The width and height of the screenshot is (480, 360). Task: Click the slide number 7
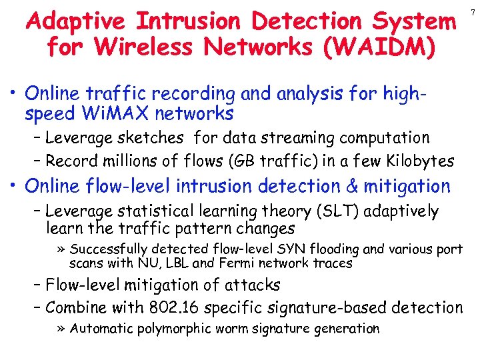click(x=473, y=13)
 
